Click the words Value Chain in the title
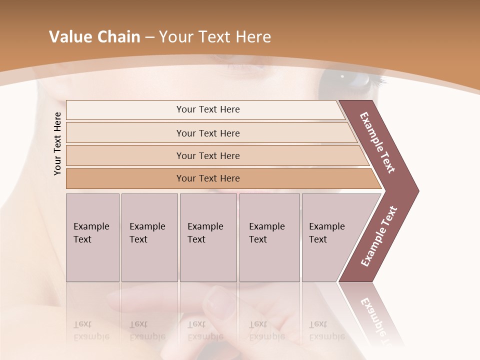94,37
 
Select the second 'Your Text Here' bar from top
208,133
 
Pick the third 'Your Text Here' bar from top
208,155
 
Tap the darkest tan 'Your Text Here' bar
208,178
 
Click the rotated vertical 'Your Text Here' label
58,143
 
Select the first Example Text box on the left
92,237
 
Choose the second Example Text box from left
149,237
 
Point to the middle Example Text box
208,237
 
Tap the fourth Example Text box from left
269,237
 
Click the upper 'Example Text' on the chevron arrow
377,142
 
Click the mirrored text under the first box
91,330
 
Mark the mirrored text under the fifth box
326,330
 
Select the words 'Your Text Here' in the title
215,37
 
